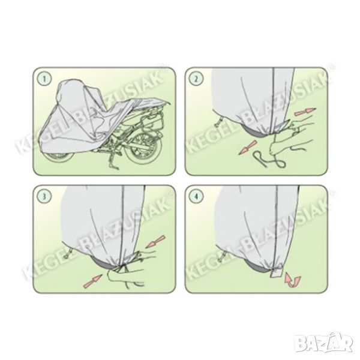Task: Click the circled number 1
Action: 44,79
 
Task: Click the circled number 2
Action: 196,79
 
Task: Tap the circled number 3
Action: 44,196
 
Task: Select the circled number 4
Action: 196,196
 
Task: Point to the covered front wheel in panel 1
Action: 58,157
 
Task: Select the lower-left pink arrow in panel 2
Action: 247,147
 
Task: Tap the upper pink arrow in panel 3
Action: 155,241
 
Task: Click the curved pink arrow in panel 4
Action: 292,280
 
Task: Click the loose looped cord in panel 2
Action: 269,158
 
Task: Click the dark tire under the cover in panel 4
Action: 257,267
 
